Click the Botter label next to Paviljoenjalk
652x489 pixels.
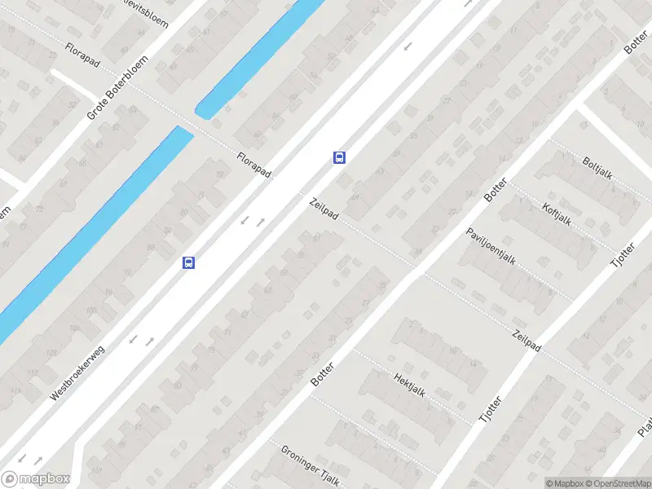pos(495,189)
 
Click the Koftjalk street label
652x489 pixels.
pos(557,214)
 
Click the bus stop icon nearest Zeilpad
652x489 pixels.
pos(339,157)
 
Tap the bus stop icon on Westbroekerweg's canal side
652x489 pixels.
pos(188,262)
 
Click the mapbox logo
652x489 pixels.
pos(36,479)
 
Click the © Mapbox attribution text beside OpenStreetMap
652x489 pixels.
pos(565,483)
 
